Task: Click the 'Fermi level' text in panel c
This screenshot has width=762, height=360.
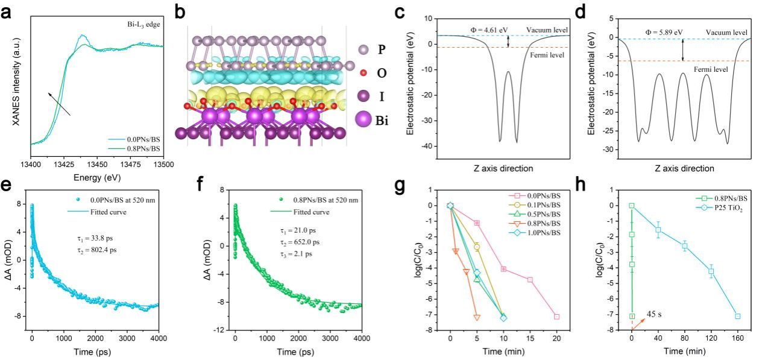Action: pyautogui.click(x=543, y=55)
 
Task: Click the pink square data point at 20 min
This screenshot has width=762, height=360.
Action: pyautogui.click(x=556, y=317)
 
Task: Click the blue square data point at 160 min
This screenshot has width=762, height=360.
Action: pyautogui.click(x=737, y=316)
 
